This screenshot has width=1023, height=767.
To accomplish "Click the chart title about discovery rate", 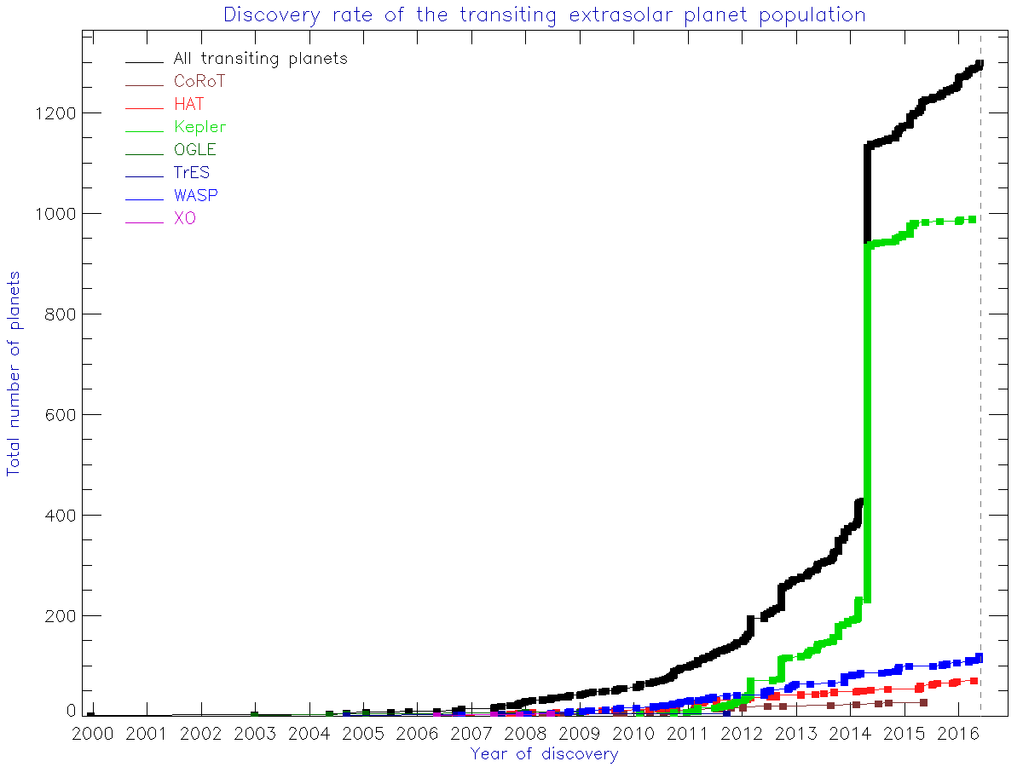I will pos(545,14).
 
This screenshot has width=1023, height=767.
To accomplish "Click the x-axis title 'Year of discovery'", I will pos(544,753).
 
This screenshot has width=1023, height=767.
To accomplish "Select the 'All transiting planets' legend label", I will pos(260,59).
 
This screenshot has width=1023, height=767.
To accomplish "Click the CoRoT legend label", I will pos(199,82).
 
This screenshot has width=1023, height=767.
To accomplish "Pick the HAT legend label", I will pos(188,105).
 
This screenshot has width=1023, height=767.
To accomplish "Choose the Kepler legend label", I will pos(200,128).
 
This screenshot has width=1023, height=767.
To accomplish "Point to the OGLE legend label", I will pos(194,150).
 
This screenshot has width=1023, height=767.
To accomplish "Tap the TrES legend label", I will pos(191,173).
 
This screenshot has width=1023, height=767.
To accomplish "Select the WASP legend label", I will pos(195,196).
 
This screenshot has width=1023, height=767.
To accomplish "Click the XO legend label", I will pos(184,219).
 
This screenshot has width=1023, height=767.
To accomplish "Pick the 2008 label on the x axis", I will pos(524,734).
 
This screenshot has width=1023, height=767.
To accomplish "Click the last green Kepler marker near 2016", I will pos(972,220).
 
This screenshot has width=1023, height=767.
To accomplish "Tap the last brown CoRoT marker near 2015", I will pos(923,703).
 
